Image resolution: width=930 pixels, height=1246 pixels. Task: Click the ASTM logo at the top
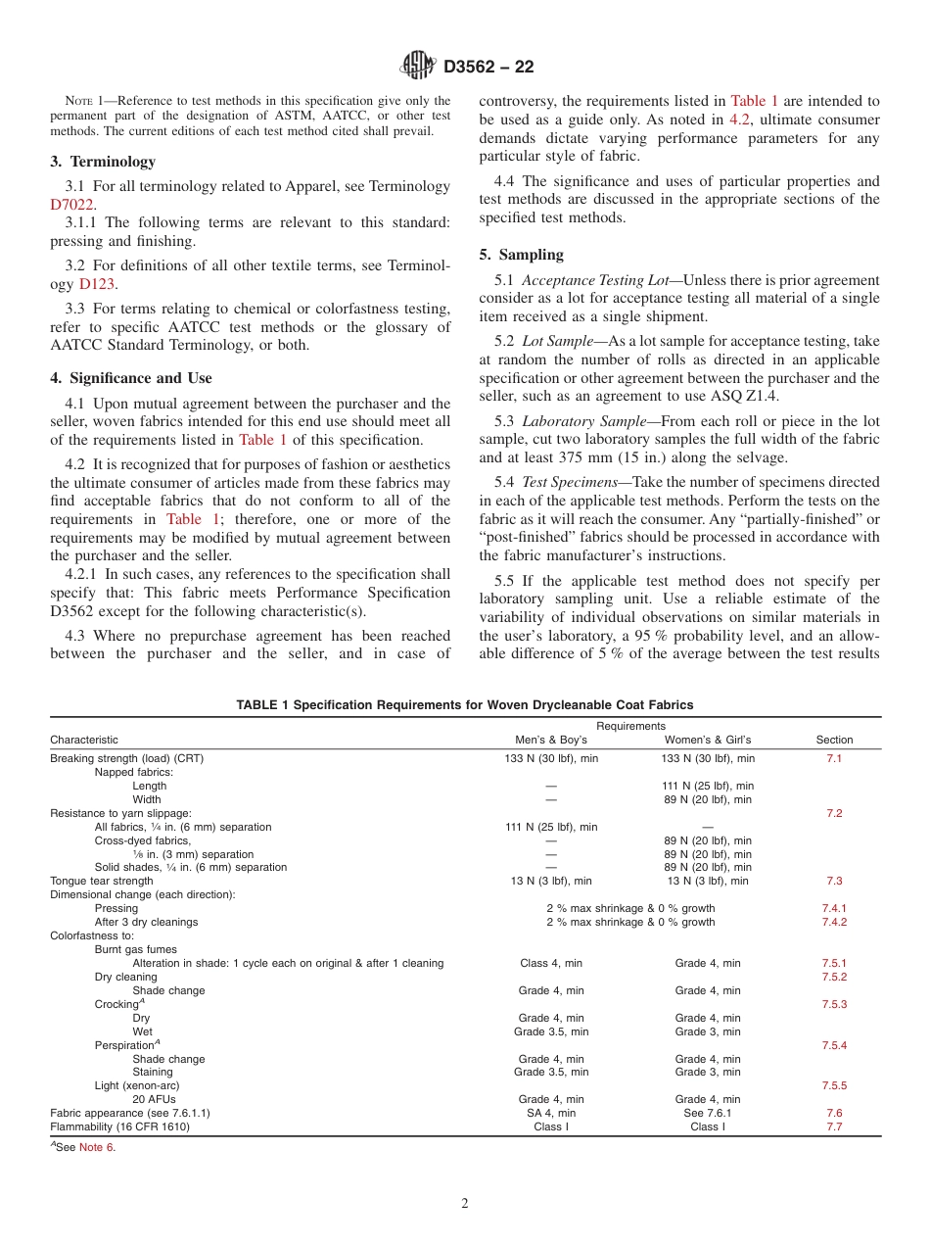419,67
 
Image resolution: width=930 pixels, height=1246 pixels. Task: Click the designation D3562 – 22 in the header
488,68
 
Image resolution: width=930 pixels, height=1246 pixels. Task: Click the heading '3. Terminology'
103,162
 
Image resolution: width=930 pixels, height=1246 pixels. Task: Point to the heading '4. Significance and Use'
131,378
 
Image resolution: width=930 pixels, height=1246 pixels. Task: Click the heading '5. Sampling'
521,255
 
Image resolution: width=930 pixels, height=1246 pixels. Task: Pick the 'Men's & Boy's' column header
551,740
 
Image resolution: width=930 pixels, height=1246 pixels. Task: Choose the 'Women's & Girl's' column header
708,740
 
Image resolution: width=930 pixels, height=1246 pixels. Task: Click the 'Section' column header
834,740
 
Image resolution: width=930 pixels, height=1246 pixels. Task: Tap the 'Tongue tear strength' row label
102,881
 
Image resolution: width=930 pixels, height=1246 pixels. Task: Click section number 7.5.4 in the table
834,1045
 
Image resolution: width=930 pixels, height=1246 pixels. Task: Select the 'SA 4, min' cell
551,1113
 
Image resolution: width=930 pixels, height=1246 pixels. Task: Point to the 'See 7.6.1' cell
708,1113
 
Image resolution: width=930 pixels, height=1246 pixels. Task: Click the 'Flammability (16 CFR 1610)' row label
120,1126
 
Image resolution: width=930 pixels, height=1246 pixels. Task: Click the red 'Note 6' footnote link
97,1148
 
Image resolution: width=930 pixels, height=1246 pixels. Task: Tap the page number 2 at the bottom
465,1204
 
